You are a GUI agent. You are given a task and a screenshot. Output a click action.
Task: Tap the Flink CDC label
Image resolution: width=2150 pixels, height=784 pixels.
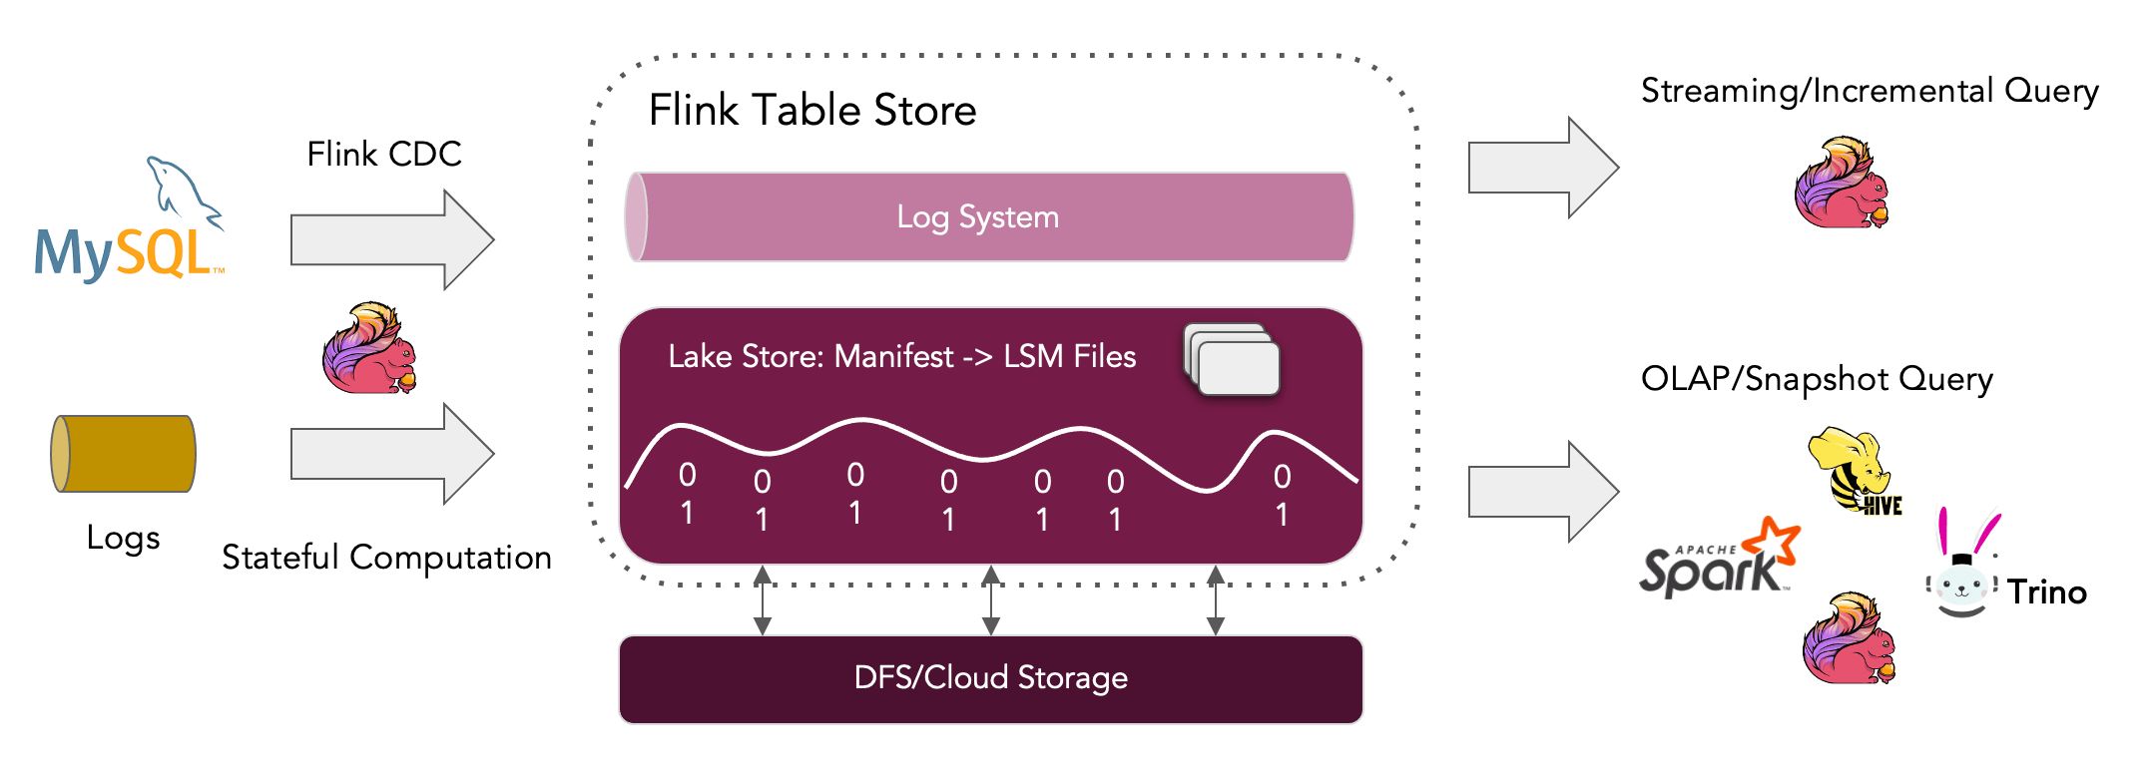click(383, 155)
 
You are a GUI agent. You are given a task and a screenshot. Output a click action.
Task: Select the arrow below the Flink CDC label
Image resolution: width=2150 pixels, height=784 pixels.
click(391, 240)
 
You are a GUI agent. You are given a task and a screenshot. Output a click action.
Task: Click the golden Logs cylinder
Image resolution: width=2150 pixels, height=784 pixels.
click(124, 454)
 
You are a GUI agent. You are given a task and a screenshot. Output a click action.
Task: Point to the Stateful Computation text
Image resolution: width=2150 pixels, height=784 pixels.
click(386, 557)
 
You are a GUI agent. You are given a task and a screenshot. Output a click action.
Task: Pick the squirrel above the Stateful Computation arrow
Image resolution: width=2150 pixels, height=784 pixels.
click(369, 349)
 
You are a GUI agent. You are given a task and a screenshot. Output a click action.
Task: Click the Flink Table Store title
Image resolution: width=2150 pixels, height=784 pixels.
click(811, 110)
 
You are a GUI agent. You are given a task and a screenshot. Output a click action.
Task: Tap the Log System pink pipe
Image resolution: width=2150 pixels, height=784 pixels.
click(988, 217)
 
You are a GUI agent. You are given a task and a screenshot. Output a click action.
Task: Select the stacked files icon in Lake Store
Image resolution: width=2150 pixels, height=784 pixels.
click(1232, 360)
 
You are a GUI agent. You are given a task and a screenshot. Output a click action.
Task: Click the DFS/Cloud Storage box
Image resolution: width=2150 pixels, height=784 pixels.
click(990, 679)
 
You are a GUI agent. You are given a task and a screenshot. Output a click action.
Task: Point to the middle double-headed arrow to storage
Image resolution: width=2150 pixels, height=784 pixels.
click(990, 599)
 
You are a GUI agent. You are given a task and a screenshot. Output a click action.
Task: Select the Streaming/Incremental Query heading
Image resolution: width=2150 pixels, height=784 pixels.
click(1869, 91)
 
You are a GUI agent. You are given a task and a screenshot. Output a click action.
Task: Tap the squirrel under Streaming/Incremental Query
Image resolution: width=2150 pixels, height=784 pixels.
click(1842, 184)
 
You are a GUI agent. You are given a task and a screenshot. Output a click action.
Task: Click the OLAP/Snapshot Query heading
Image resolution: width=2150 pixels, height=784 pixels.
click(1816, 379)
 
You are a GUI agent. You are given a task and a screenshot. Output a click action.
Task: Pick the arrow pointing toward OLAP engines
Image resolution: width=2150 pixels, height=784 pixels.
click(1542, 492)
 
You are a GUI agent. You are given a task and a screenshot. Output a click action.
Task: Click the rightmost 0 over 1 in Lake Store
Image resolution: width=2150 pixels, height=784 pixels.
click(1282, 496)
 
